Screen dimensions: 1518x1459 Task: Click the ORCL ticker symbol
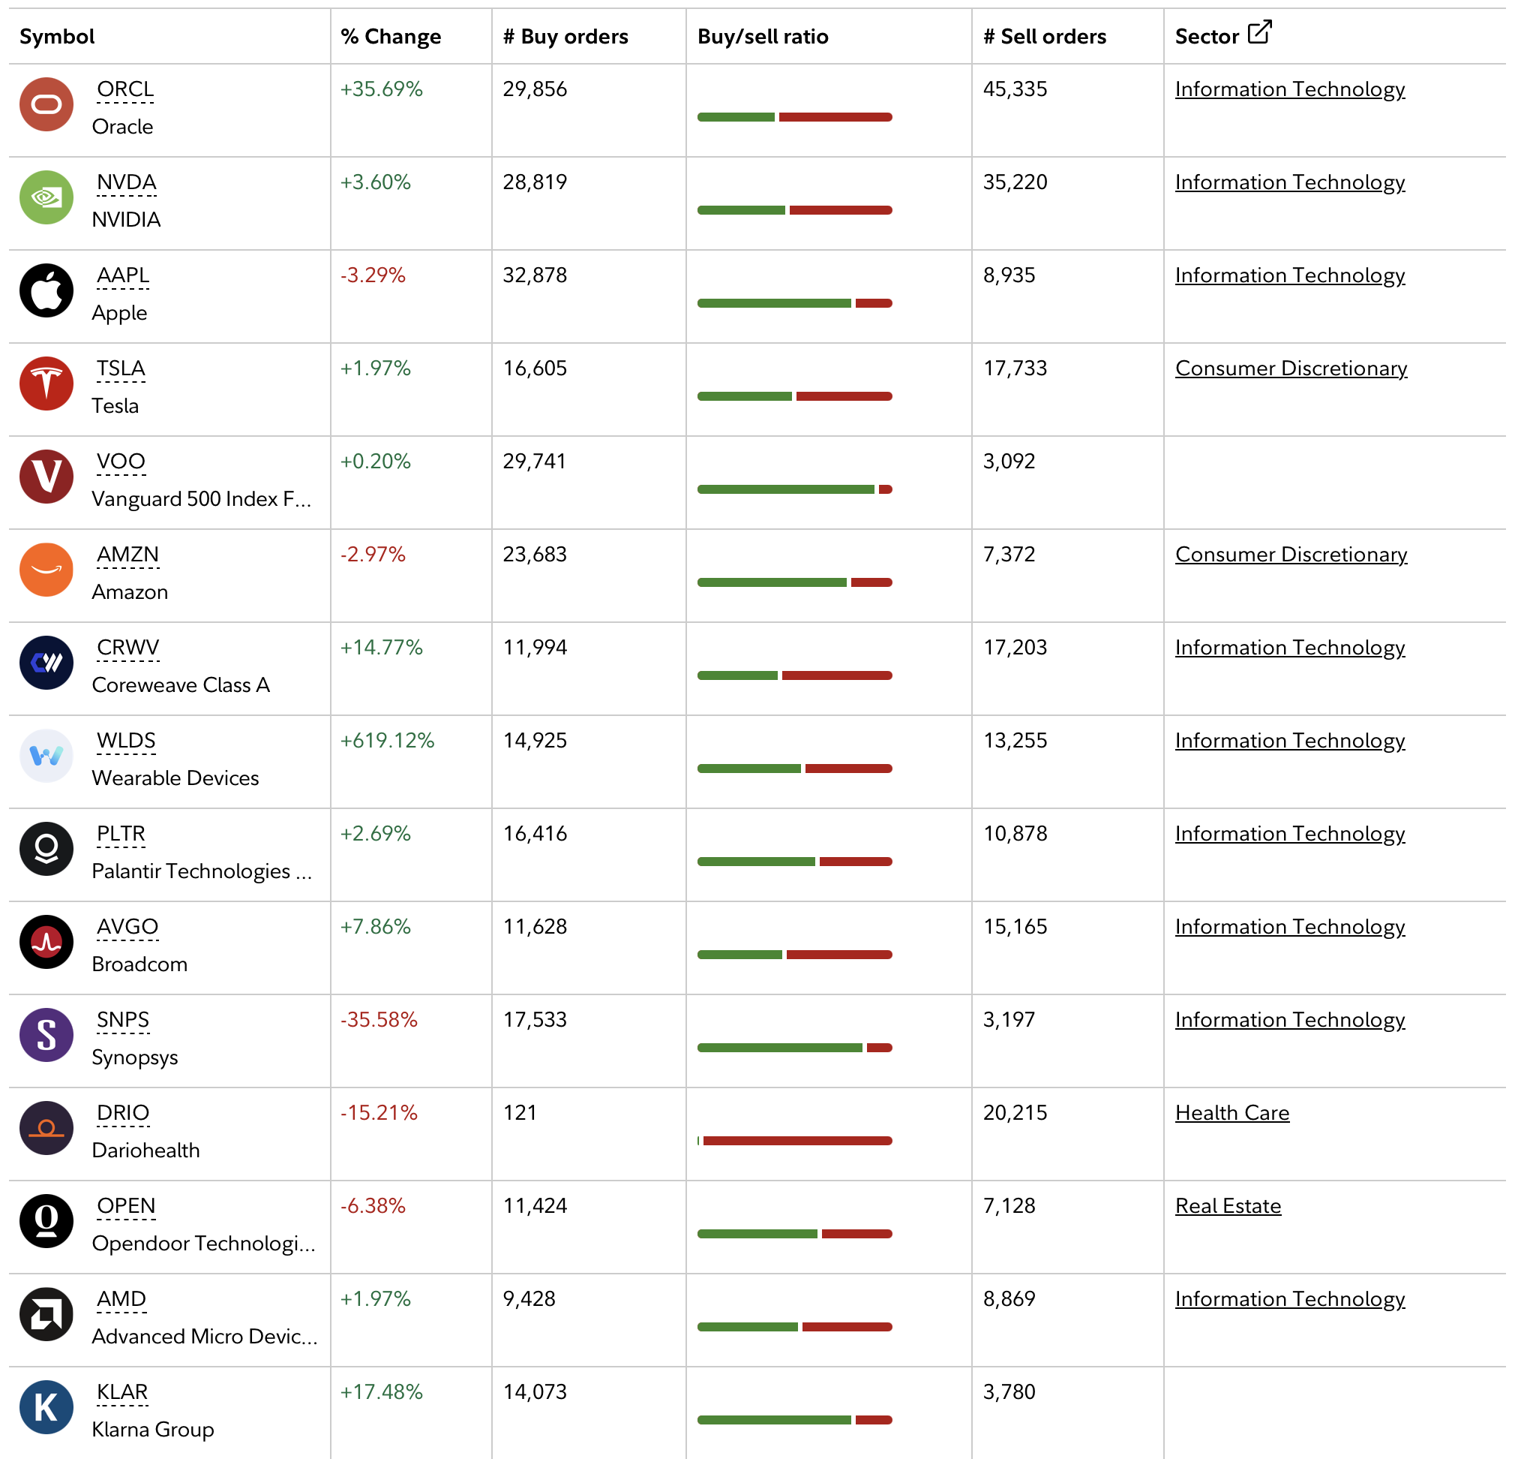click(x=125, y=89)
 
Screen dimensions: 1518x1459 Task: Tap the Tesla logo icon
click(x=46, y=384)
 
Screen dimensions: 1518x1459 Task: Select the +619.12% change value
click(x=387, y=740)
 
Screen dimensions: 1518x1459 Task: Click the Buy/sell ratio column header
click(x=763, y=37)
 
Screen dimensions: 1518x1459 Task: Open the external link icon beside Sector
click(x=1259, y=32)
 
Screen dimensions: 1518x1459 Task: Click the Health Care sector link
click(x=1232, y=1113)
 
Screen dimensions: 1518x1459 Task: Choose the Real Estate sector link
click(x=1228, y=1205)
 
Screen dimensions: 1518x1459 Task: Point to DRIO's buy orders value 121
click(x=520, y=1113)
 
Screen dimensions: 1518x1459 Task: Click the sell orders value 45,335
click(x=1015, y=89)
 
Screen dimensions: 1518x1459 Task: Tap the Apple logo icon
click(x=46, y=290)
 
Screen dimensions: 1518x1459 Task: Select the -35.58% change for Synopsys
click(x=379, y=1020)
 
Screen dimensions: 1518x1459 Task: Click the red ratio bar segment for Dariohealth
click(x=798, y=1141)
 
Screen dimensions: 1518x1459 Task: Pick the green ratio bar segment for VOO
click(x=786, y=489)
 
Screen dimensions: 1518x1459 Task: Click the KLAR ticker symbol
click(x=122, y=1391)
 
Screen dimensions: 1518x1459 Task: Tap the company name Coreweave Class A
click(x=181, y=685)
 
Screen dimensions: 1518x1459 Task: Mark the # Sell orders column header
click(x=1045, y=37)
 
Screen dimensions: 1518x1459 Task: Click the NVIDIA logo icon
click(x=46, y=197)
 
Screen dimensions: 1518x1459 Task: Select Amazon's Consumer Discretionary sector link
click(x=1291, y=554)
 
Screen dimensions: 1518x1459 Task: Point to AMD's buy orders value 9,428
click(x=529, y=1298)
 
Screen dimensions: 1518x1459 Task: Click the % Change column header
click(x=391, y=37)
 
